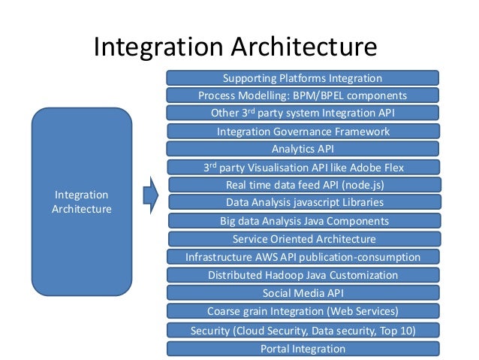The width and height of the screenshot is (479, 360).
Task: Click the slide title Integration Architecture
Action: [x=234, y=47]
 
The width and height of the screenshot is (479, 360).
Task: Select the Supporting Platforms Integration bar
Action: [x=303, y=78]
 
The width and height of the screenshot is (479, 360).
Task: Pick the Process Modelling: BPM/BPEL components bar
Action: [x=303, y=96]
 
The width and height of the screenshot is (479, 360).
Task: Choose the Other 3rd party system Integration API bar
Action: [x=303, y=113]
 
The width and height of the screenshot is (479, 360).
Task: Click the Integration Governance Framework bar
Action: [x=303, y=132]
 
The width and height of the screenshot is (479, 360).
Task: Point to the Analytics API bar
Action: [x=303, y=149]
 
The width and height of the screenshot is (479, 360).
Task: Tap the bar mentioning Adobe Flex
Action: [x=303, y=167]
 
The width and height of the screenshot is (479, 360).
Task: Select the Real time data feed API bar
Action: [x=303, y=185]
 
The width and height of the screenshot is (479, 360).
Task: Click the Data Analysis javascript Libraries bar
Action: [x=303, y=202]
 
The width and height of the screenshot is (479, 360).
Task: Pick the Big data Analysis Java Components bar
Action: [x=303, y=221]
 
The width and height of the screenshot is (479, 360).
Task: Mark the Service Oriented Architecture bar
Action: [x=303, y=239]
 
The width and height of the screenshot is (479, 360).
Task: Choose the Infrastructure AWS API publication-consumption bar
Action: [x=303, y=257]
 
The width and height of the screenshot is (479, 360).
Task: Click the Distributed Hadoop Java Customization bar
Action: [x=303, y=275]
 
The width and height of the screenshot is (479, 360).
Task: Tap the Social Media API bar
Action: [x=303, y=293]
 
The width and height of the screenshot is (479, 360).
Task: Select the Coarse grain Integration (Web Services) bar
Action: [x=303, y=311]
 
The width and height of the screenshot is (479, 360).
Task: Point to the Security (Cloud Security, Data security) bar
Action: [x=303, y=330]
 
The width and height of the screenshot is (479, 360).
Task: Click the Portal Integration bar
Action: [x=303, y=349]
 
